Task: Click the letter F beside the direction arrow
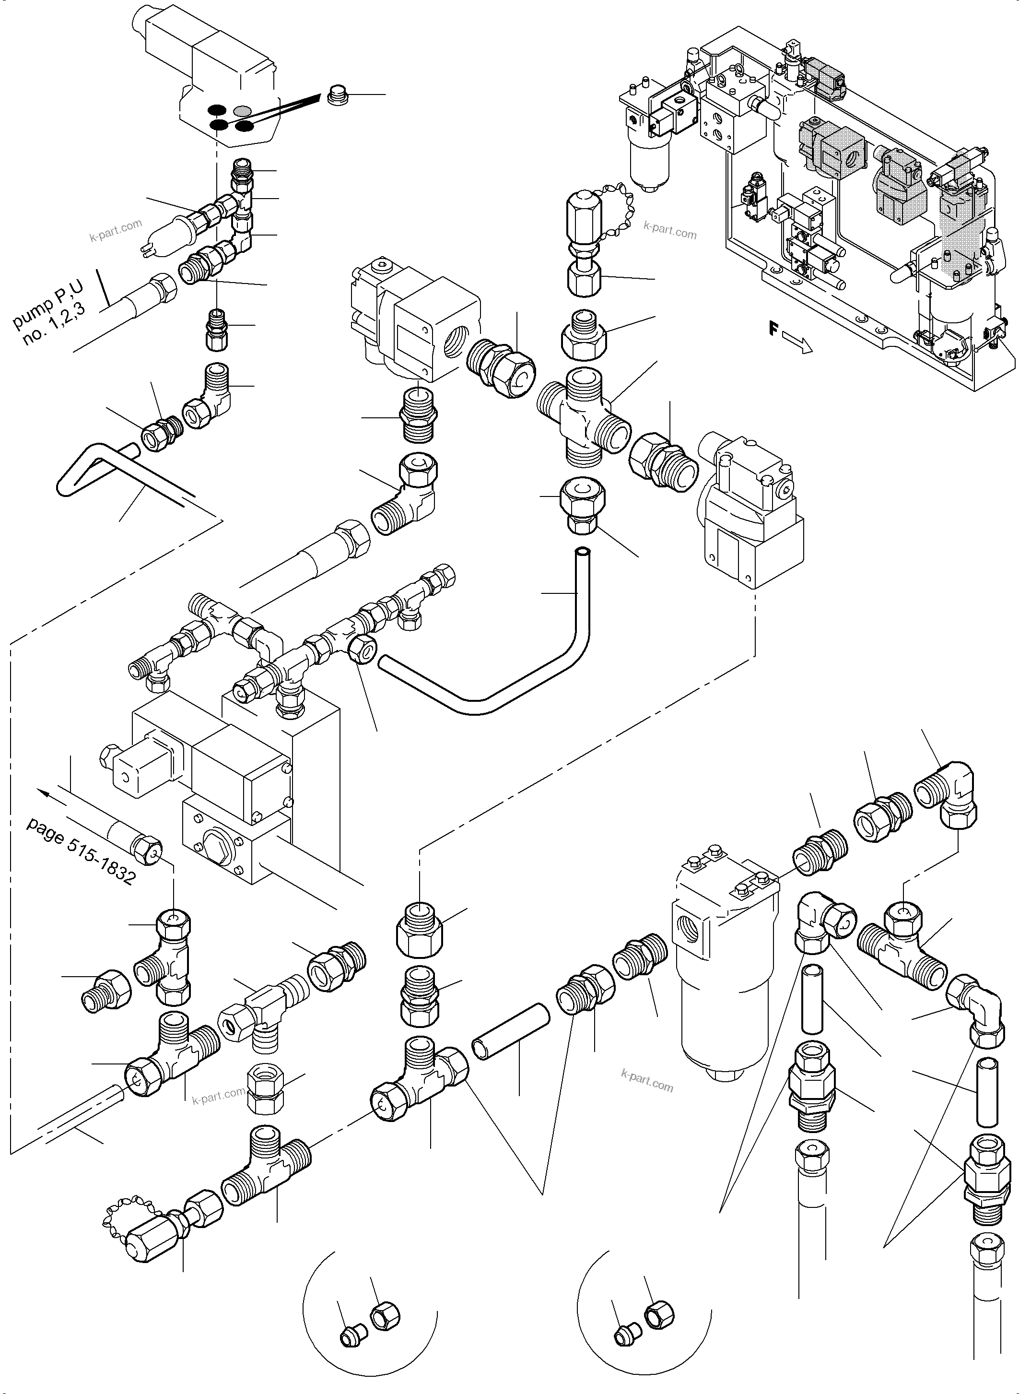[773, 329]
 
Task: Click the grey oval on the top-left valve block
[243, 111]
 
